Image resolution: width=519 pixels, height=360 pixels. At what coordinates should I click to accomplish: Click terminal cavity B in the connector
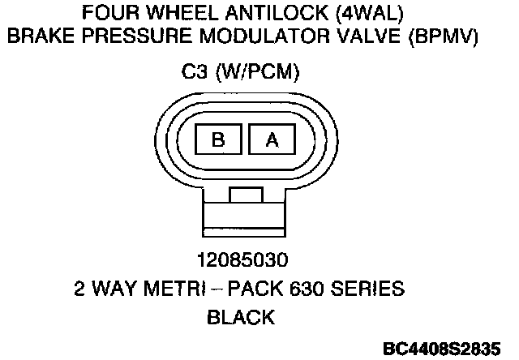click(218, 139)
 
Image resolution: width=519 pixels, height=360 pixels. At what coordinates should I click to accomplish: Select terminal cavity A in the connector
click(272, 139)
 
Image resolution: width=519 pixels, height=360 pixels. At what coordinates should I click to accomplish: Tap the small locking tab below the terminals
click(245, 195)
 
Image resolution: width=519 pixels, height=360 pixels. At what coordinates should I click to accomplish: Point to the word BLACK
click(242, 317)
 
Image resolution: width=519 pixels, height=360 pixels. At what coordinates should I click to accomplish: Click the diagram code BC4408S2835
click(443, 349)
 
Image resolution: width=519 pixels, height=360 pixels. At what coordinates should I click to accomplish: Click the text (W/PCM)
click(259, 73)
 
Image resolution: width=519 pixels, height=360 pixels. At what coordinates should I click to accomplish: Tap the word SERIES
click(374, 289)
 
